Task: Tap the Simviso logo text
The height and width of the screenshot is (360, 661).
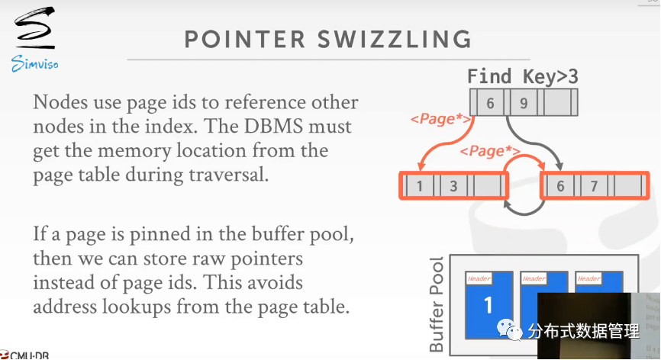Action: point(35,64)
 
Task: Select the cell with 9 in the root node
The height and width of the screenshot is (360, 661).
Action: point(523,102)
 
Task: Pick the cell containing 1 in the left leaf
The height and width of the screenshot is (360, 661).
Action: point(419,186)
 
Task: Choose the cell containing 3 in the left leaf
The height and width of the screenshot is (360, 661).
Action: point(453,186)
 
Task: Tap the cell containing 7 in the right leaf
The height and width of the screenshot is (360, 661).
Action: point(594,186)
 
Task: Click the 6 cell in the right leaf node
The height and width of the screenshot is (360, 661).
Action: point(560,186)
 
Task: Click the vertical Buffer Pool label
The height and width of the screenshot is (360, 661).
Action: point(437,306)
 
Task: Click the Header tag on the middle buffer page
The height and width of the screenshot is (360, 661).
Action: point(534,279)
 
